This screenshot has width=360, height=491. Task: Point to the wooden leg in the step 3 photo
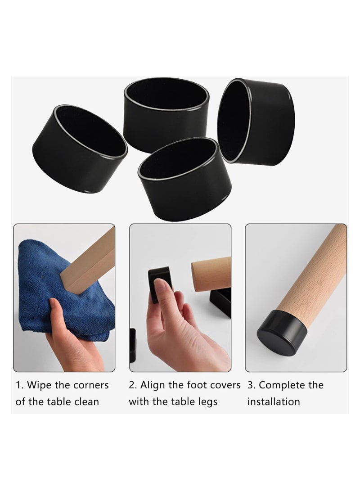tap(315, 270)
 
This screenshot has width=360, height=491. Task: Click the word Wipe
tap(41, 385)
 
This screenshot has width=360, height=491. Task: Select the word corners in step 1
tap(91, 385)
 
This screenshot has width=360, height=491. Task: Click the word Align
tap(154, 385)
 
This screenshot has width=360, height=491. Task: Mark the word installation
tap(274, 401)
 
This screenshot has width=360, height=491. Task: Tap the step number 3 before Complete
tap(251, 385)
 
